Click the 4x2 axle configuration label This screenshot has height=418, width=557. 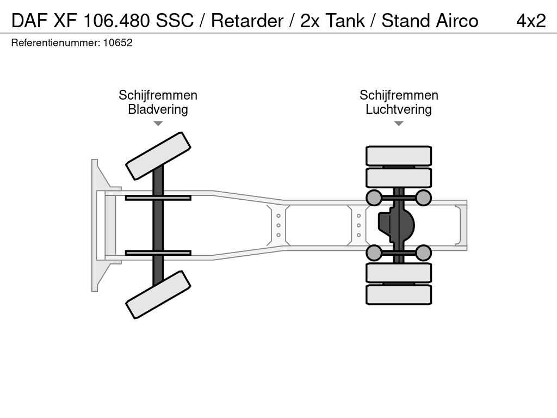click(x=530, y=21)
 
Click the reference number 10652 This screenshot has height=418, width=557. click(x=118, y=43)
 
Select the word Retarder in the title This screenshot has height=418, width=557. click(x=247, y=21)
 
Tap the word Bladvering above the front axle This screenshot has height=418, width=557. click(x=158, y=109)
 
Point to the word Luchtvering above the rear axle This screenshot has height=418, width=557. click(x=398, y=109)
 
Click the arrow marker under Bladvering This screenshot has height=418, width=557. click(x=158, y=124)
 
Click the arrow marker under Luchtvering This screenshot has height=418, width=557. click(x=398, y=124)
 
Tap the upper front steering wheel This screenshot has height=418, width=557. click(x=158, y=156)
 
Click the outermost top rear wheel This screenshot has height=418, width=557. click(x=398, y=156)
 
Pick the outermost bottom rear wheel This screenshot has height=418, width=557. click(x=398, y=294)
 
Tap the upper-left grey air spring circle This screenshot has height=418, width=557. click(x=374, y=198)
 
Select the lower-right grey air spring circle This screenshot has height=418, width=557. click(x=423, y=253)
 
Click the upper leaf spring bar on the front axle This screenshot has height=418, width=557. click(x=158, y=198)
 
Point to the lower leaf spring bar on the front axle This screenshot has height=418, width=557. click(x=158, y=253)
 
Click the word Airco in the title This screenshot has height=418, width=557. click(x=457, y=21)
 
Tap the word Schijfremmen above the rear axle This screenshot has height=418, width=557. click(x=398, y=95)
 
